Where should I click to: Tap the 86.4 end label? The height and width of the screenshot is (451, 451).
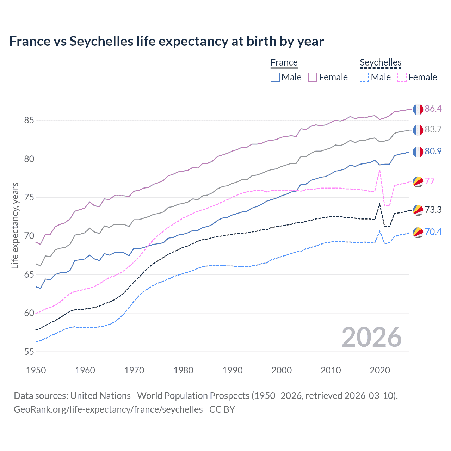click(433, 109)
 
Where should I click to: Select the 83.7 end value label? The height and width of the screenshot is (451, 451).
click(433, 130)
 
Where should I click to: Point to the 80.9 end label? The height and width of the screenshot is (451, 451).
click(433, 151)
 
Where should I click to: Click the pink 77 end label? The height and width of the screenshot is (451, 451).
click(430, 181)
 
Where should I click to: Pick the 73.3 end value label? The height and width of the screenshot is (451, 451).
click(433, 210)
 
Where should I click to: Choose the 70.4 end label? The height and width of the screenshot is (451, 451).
click(433, 232)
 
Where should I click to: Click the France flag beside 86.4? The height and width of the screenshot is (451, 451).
click(418, 109)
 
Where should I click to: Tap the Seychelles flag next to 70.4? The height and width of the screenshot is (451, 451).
click(418, 232)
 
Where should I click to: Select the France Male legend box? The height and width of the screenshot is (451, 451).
click(275, 77)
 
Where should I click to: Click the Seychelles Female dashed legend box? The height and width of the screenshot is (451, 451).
click(402, 77)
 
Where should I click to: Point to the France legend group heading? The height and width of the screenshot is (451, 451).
click(284, 63)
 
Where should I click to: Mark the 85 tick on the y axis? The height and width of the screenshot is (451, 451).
click(29, 121)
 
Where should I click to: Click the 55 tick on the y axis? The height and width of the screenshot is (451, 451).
click(29, 352)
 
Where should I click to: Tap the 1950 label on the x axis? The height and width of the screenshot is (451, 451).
click(36, 370)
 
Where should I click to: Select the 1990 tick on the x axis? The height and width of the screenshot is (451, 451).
click(233, 370)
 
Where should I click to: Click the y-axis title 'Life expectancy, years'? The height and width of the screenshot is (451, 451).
click(15, 225)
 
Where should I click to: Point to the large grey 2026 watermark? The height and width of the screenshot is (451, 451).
click(372, 337)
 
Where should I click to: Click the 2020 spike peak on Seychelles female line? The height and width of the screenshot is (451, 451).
click(379, 170)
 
